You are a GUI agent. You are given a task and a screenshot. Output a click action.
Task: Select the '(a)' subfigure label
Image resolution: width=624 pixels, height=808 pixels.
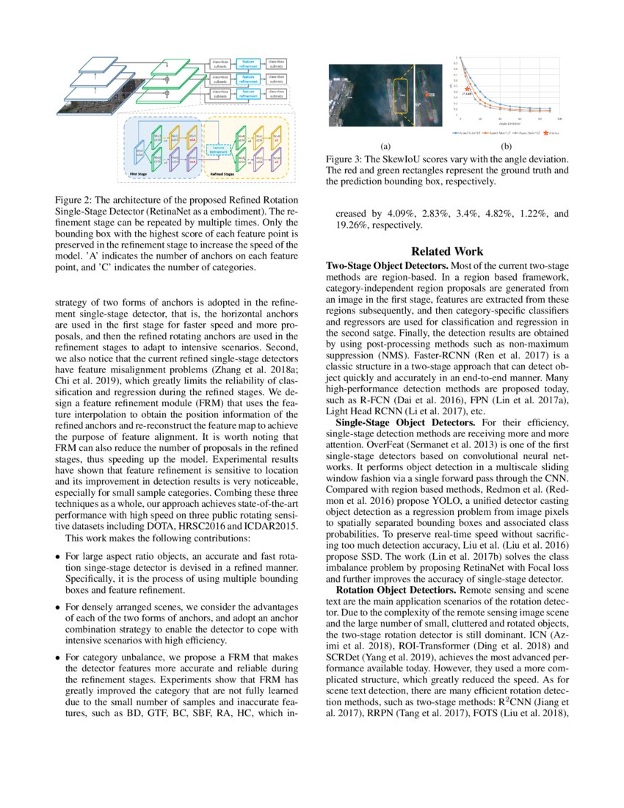click(385, 146)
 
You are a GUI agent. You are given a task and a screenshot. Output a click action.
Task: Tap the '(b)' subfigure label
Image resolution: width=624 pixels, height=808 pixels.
click(507, 146)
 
